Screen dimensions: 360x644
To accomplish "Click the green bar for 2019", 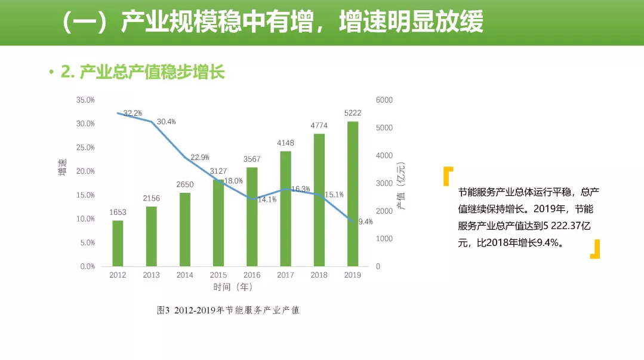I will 353,194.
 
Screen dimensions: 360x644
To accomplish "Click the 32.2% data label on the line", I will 133,113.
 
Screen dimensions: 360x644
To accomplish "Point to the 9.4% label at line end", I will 365,221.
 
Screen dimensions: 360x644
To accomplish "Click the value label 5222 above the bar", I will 353,113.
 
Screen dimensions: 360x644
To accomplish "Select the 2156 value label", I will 152,198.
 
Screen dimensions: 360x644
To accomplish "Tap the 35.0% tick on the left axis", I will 85,100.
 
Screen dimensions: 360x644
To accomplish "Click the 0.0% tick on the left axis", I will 87,267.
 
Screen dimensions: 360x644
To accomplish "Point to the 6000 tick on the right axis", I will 384,100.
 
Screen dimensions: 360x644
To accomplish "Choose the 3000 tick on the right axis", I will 384,183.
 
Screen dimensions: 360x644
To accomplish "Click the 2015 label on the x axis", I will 218,275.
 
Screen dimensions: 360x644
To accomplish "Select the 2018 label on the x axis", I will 319,275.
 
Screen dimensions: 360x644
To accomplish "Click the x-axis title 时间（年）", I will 233,287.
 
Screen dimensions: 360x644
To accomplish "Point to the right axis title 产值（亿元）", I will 401,186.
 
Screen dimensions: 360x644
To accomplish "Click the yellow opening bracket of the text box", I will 448,176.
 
